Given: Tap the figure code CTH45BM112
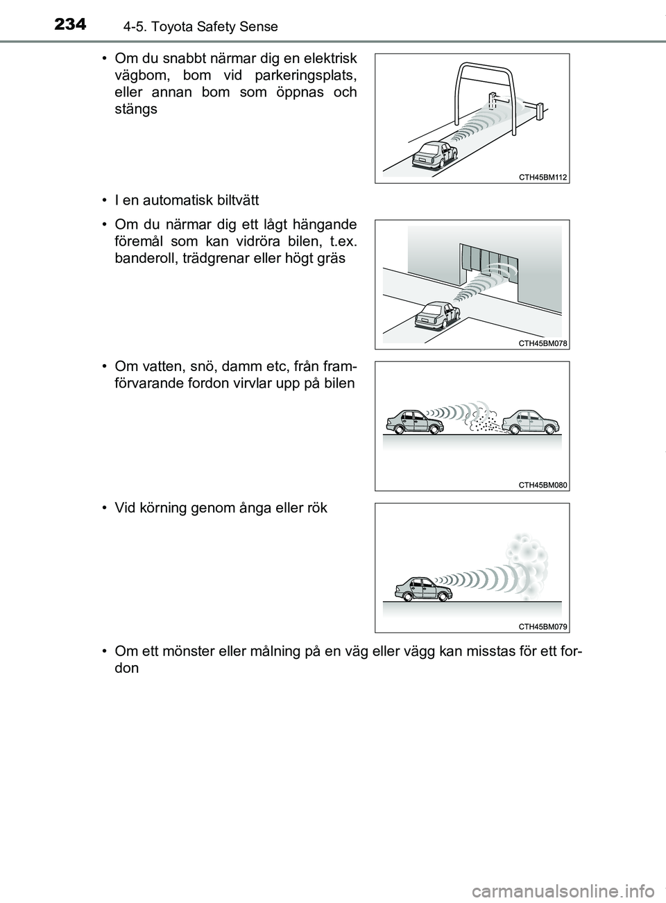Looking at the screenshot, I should [x=543, y=177].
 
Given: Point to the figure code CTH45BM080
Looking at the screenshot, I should [x=543, y=485].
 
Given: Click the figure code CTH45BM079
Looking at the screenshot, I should [x=543, y=626].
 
